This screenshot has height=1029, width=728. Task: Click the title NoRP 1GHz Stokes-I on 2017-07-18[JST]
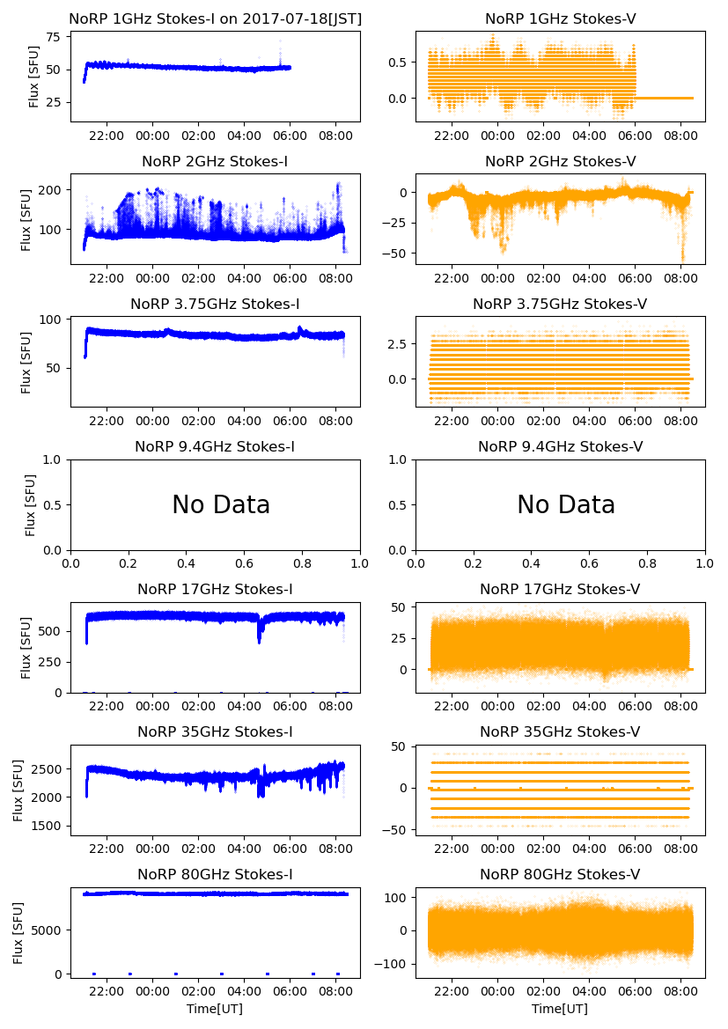tap(215, 19)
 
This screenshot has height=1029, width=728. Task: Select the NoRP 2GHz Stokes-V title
tap(560, 162)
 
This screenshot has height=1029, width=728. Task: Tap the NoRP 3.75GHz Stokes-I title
tap(215, 305)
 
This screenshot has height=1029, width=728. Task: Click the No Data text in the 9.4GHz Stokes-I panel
tap(220, 505)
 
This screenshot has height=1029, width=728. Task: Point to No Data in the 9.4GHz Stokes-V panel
tap(565, 505)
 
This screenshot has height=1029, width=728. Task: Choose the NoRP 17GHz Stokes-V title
tap(560, 590)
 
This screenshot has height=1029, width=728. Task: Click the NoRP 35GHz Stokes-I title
tap(215, 732)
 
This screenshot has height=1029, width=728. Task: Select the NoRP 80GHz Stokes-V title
tap(560, 875)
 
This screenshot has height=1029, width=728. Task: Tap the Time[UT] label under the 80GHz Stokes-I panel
tap(215, 1009)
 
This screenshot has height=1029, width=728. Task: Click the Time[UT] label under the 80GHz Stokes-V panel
tap(560, 1009)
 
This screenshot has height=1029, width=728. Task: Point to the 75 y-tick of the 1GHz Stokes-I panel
tap(54, 37)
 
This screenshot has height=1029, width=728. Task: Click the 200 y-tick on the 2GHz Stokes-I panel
tap(51, 190)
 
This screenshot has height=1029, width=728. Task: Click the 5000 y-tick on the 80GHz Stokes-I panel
tap(47, 929)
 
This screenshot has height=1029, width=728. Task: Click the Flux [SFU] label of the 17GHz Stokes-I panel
tap(26, 647)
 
